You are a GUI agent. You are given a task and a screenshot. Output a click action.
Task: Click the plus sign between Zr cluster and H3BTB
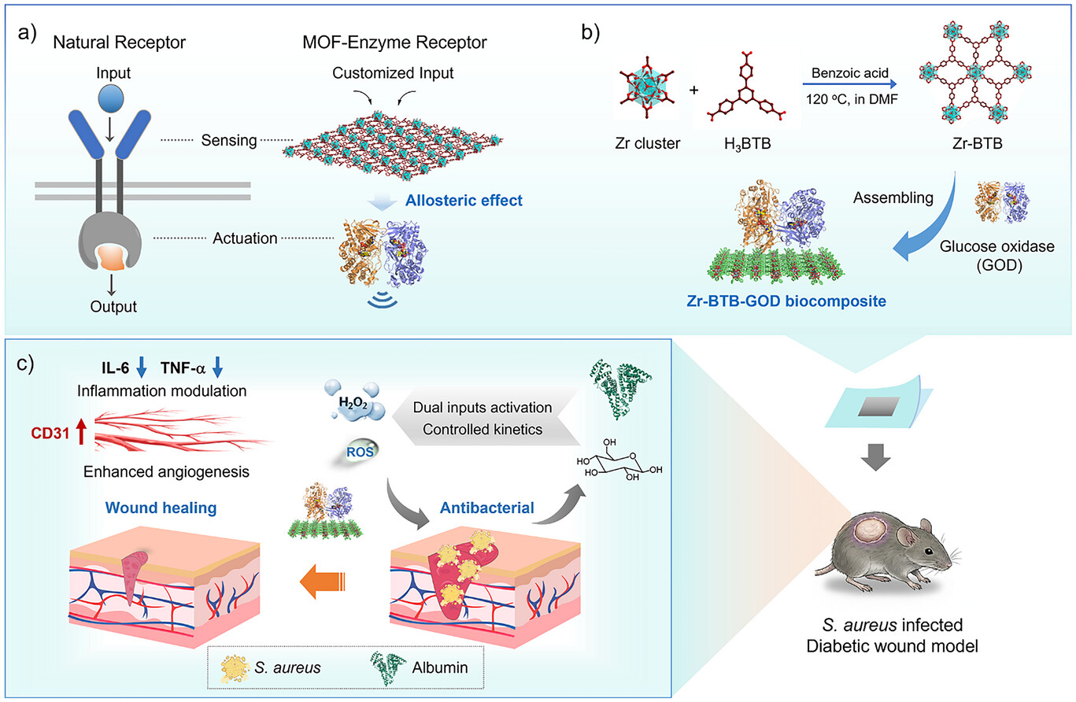tap(693, 90)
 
